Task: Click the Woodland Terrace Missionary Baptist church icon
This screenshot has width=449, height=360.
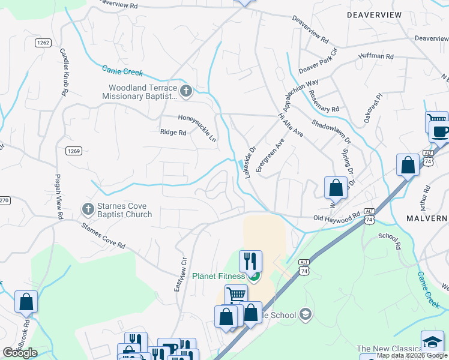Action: click(x=186, y=91)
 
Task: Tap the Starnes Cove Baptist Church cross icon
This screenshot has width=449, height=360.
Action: click(x=88, y=209)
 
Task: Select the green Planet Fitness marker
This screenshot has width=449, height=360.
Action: click(x=254, y=277)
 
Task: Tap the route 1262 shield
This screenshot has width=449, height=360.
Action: click(x=43, y=43)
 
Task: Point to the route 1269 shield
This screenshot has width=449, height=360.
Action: click(x=74, y=151)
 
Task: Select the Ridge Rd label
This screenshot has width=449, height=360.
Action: click(x=173, y=132)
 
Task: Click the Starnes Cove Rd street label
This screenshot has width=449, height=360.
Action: click(x=104, y=235)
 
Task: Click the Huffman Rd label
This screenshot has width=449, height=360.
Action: click(x=375, y=56)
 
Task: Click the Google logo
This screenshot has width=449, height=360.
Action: click(x=20, y=353)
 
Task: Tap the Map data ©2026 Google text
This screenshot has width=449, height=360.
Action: click(x=412, y=355)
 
